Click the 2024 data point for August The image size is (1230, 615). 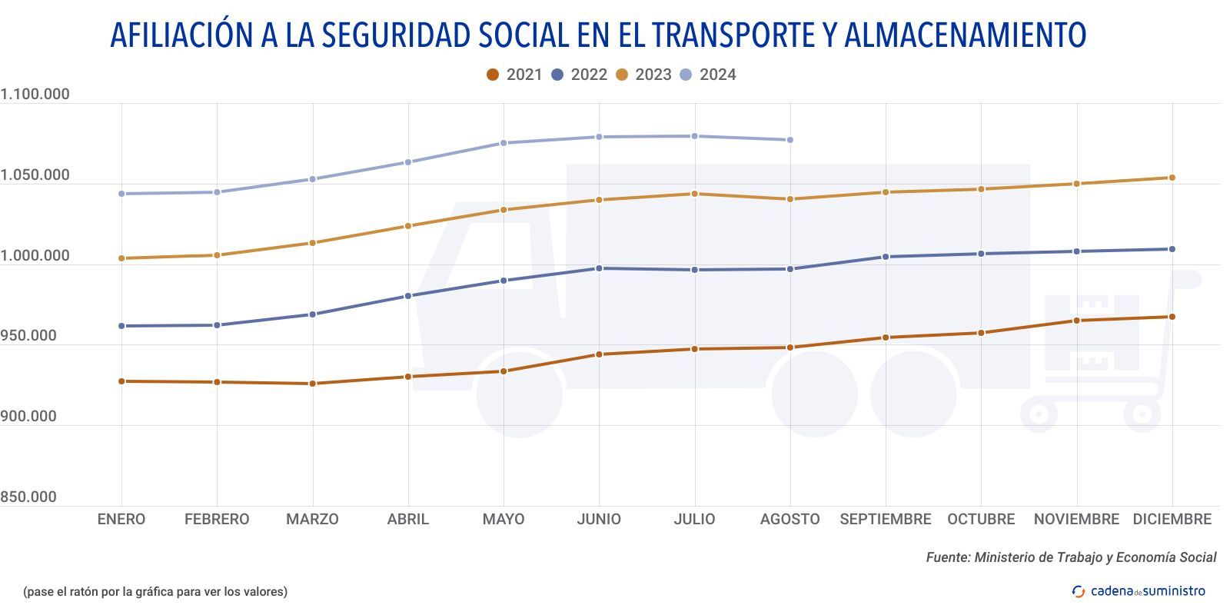[790, 140]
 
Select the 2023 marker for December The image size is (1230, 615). [1172, 178]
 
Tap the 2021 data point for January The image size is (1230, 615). [121, 381]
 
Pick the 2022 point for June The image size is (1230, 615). [599, 268]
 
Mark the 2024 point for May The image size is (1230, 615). [504, 143]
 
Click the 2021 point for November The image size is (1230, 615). [1076, 321]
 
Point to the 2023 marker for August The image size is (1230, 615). [790, 199]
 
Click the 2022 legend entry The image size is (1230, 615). [580, 75]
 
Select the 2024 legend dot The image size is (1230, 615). [686, 75]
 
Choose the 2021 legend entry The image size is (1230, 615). [515, 75]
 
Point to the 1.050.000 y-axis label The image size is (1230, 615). [35, 175]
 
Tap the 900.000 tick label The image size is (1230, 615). [29, 417]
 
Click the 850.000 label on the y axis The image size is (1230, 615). [29, 497]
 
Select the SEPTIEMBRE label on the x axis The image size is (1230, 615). [886, 520]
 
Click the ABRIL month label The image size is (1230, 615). [408, 520]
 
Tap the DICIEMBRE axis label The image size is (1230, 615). [1172, 520]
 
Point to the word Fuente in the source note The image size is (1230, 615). [947, 557]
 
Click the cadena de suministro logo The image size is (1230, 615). [1139, 591]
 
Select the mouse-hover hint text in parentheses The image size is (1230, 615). [155, 592]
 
